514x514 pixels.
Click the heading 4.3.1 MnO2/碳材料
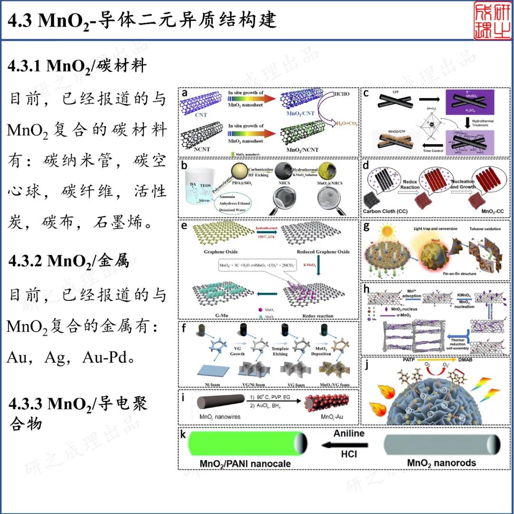tap(77, 66)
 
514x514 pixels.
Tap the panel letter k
tap(182, 436)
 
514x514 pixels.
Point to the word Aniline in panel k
tap(349, 434)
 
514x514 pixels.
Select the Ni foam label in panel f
tap(209, 385)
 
